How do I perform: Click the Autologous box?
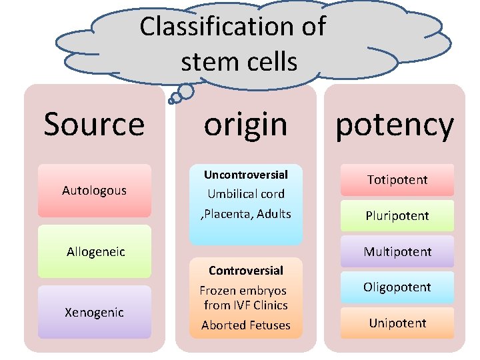point(94,191)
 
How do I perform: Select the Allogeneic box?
point(95,251)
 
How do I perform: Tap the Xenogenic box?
point(94,312)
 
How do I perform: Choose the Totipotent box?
point(397,180)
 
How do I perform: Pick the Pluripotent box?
point(397,216)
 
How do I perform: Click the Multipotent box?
point(397,252)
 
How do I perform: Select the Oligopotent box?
point(397,287)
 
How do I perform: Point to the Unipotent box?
point(397,323)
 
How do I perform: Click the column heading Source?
point(94,124)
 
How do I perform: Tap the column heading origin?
point(245,124)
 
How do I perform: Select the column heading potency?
point(395,125)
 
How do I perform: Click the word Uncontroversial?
point(245,175)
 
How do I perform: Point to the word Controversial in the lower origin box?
point(245,271)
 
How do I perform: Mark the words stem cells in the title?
point(239,61)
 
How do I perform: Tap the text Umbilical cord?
point(245,194)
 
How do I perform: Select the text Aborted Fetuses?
point(245,325)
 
